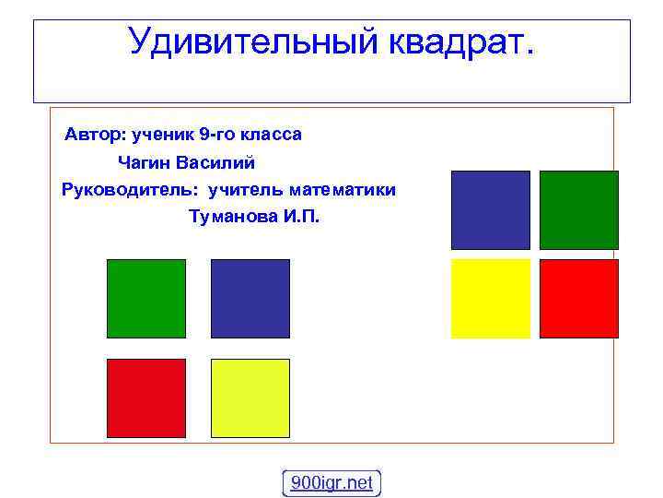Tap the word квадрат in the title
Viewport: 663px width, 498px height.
(x=456, y=41)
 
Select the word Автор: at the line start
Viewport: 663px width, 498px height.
(x=96, y=135)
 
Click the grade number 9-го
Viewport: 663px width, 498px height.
(x=217, y=135)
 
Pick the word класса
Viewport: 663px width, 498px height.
(x=272, y=135)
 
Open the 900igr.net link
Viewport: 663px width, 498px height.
(x=331, y=482)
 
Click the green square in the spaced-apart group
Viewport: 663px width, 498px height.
(x=146, y=298)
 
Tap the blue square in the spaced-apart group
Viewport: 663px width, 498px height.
(x=250, y=298)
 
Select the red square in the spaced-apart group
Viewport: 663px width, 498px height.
(x=146, y=397)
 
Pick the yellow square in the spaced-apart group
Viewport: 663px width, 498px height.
(x=250, y=397)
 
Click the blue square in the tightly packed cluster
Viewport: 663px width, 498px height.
(x=490, y=210)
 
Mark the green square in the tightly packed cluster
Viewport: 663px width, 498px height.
(x=578, y=210)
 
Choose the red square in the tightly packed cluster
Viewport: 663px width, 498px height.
(x=578, y=299)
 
